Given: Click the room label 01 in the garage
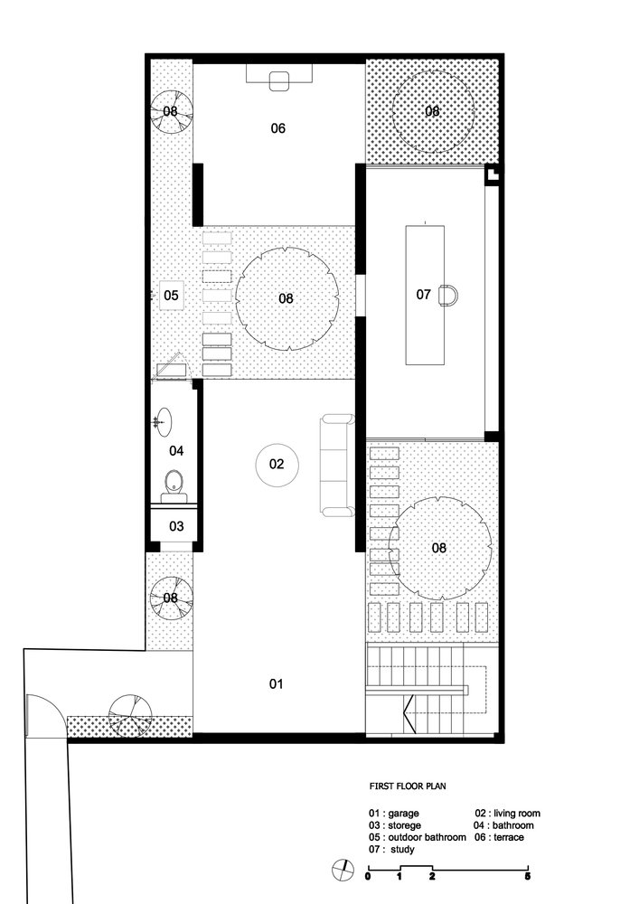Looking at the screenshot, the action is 277,683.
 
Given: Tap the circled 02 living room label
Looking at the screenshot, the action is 277,464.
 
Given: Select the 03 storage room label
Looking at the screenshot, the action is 176,526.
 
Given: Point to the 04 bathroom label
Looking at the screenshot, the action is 176,451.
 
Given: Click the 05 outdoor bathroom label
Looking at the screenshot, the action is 171,296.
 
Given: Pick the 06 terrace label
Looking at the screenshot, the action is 278,128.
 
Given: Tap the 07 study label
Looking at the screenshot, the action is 424,295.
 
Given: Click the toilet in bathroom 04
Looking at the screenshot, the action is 174,486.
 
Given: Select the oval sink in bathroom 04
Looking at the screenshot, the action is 163,422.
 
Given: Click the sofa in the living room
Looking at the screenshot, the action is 336,466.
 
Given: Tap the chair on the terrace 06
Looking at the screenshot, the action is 279,80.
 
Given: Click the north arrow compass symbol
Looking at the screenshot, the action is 343,870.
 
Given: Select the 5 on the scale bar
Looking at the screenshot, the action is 528,877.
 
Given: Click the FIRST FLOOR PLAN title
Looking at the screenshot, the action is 408,786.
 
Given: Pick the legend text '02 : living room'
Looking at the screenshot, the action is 508,814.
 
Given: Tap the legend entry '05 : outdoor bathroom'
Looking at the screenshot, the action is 418,837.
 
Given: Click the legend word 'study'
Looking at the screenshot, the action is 403,849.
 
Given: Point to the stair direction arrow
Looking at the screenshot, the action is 409,714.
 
